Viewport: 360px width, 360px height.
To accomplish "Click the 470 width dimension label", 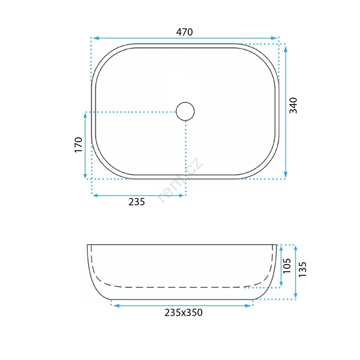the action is click(184, 32).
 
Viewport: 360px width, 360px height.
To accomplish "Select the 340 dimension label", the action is click(293, 105).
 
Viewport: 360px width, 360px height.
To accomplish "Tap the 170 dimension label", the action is click(78, 144).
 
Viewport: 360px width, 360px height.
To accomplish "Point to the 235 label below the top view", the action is click(137, 202).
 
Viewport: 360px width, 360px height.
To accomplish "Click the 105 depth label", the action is click(287, 266).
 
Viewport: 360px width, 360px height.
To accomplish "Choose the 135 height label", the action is click(302, 269).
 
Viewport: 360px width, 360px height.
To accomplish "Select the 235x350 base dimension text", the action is click(184, 313).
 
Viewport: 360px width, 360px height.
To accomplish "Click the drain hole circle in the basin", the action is click(185, 111).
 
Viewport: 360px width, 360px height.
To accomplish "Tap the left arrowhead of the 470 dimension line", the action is click(95, 38).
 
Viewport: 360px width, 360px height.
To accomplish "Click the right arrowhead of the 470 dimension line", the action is click(274, 38).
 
